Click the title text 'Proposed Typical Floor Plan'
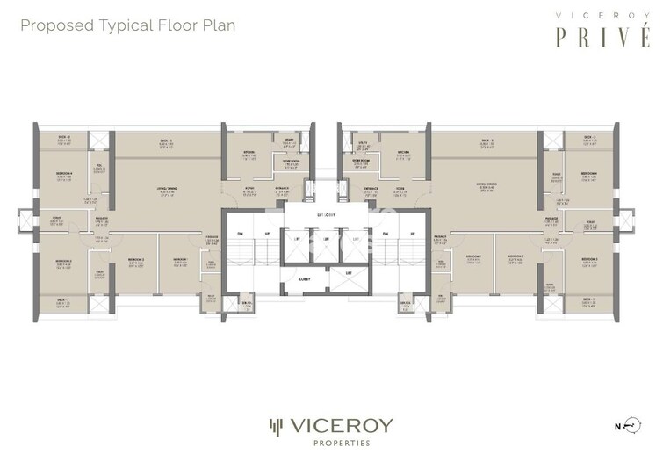(x=127, y=25)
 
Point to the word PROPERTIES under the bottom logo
(x=331, y=444)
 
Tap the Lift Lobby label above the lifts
(x=326, y=213)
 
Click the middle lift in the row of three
(x=326, y=240)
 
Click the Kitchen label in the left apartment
(x=249, y=153)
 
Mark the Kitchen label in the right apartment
(x=402, y=153)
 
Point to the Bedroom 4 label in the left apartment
(x=63, y=176)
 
